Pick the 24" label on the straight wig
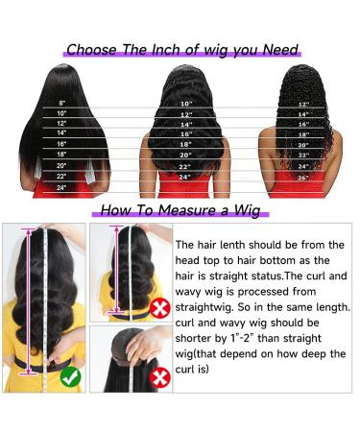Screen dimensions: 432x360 coord(62,187)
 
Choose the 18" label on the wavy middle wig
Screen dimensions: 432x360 coord(185,144)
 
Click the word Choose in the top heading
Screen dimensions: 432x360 coord(96,50)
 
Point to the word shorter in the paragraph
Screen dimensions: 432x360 coord(201,339)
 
